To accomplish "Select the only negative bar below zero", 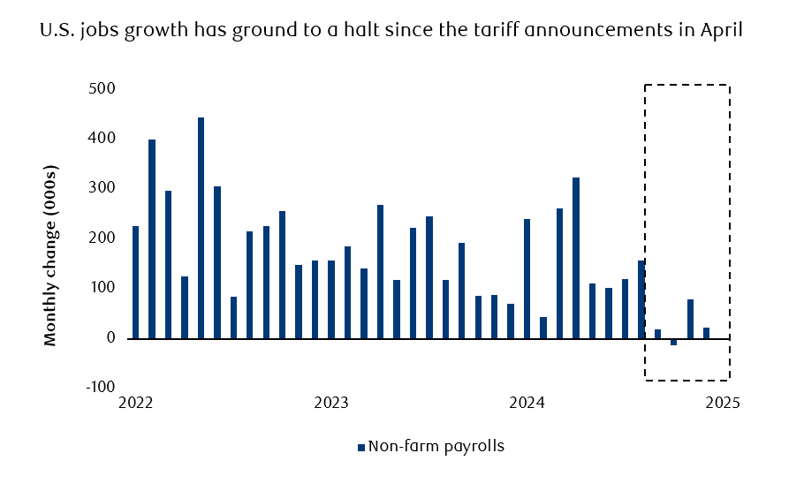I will [674, 342].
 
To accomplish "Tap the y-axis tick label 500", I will [104, 89].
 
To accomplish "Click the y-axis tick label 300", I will [104, 189].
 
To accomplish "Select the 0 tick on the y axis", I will [110, 338].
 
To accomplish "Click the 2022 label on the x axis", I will [135, 403].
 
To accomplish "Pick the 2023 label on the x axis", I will [331, 403].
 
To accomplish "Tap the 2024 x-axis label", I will [527, 403].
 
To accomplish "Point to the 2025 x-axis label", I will [722, 403].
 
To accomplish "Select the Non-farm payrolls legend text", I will [436, 446].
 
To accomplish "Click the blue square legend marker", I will [360, 447].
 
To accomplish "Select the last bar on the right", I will [707, 333].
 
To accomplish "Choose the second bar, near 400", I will [152, 238].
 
